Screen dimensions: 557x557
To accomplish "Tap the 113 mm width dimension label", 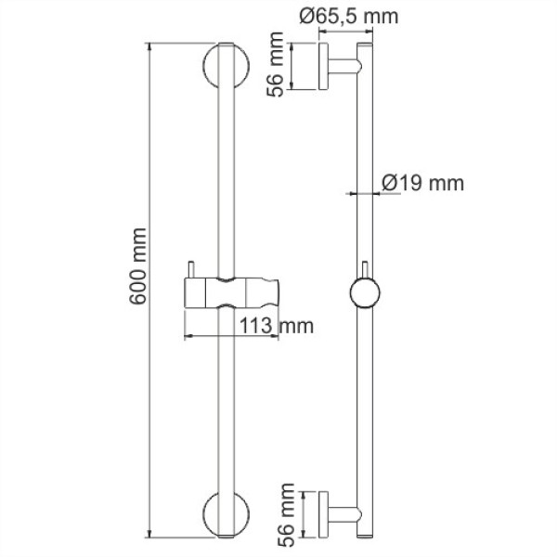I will click(x=275, y=326).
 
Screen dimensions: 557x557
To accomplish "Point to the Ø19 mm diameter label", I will click(x=423, y=183).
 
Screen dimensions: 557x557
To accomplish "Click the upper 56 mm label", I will click(x=275, y=67).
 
